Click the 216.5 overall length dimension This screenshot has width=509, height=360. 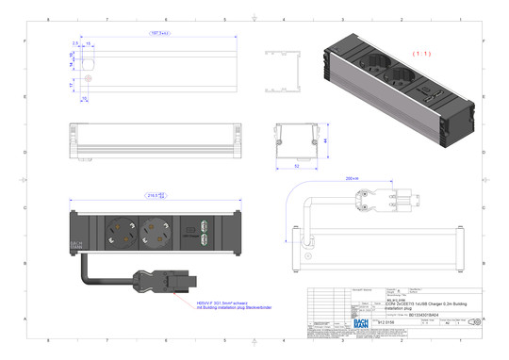point(156,197)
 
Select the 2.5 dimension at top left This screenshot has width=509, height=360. point(74,43)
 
